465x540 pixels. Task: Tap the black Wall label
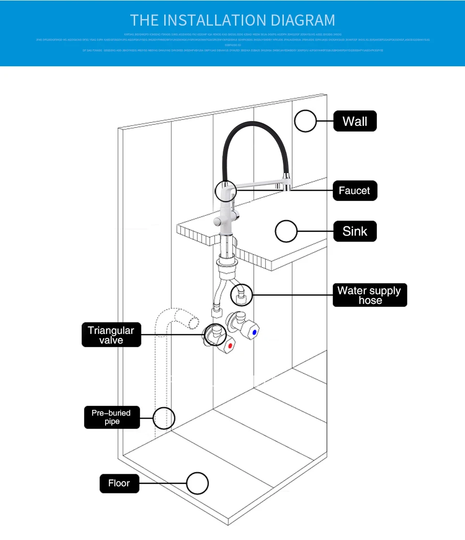click(355, 121)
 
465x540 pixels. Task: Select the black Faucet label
click(355, 191)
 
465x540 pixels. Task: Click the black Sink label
click(355, 231)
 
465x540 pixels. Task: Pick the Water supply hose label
click(370, 295)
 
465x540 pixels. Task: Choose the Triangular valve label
click(111, 335)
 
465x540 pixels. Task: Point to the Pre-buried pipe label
click(112, 417)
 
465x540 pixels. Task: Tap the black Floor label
click(119, 483)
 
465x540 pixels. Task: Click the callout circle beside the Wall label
click(305, 121)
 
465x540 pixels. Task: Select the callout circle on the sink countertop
click(286, 231)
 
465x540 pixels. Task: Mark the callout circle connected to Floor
click(198, 483)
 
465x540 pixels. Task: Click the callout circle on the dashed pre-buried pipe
click(164, 417)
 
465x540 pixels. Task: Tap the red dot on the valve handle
click(230, 346)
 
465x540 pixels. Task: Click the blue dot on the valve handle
click(255, 333)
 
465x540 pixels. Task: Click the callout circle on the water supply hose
click(241, 294)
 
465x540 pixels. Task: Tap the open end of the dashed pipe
click(193, 321)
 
